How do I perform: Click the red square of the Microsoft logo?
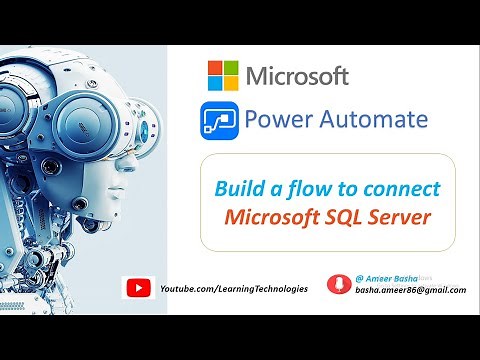click(x=215, y=67)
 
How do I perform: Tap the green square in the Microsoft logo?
click(x=230, y=67)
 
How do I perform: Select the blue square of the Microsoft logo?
click(x=215, y=82)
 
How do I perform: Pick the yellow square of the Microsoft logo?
click(x=230, y=82)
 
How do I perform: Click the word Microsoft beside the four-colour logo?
click(x=296, y=75)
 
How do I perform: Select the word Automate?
click(x=375, y=121)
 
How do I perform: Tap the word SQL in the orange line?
click(x=354, y=215)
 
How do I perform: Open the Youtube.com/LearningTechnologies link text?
click(x=234, y=288)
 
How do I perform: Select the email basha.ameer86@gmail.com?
click(x=410, y=290)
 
